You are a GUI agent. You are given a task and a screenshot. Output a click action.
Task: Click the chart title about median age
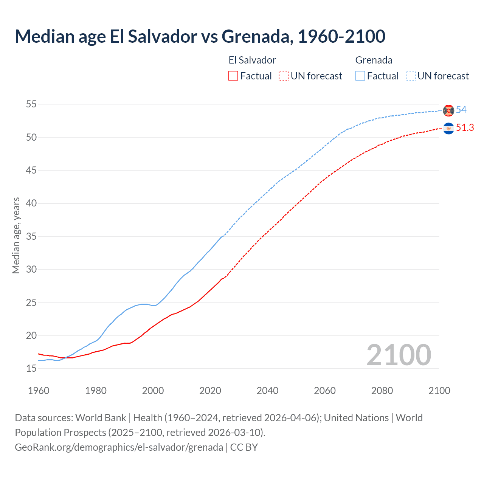click(200, 36)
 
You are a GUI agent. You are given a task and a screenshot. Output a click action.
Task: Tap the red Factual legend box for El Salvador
click(233, 76)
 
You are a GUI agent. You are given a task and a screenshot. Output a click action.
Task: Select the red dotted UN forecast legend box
click(284, 76)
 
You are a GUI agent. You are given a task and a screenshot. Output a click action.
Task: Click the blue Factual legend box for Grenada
click(360, 76)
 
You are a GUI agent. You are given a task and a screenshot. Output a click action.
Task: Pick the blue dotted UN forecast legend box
click(411, 76)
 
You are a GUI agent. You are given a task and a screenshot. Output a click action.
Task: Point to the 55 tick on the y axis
click(31, 104)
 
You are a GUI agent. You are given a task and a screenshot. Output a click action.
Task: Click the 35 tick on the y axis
click(31, 236)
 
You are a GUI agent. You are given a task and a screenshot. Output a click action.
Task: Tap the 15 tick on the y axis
click(31, 369)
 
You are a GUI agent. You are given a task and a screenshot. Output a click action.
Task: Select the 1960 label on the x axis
click(39, 391)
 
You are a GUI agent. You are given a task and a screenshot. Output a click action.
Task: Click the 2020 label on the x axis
click(210, 391)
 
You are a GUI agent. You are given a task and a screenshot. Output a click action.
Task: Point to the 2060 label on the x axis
click(325, 391)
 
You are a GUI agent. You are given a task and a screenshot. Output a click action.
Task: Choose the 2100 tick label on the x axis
click(439, 391)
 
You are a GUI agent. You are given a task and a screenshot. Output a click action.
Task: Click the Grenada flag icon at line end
click(448, 110)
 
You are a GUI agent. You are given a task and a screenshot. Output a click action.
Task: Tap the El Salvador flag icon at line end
click(448, 129)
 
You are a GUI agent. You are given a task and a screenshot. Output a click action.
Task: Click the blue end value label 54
click(461, 110)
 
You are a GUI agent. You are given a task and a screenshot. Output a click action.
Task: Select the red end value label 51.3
click(465, 128)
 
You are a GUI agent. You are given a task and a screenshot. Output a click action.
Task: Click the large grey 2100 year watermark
click(399, 355)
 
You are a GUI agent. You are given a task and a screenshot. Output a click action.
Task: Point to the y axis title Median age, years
click(16, 235)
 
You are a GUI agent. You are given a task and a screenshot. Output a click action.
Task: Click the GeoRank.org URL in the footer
click(119, 447)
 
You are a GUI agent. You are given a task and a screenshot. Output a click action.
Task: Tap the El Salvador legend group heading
click(252, 60)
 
